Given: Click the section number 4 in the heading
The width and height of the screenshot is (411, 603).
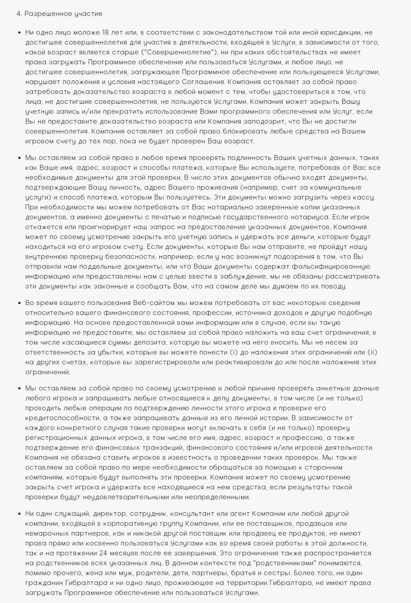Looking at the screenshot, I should [x=18, y=14].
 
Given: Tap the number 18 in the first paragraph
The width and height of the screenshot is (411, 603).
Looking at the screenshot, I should [x=105, y=32].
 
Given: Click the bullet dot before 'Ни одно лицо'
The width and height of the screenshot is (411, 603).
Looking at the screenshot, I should [x=19, y=32].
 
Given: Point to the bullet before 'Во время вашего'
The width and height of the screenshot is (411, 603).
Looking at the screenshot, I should [x=19, y=303].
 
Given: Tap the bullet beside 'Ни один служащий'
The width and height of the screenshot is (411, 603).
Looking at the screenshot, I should [x=19, y=513].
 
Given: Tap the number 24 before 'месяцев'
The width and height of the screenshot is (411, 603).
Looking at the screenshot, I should [x=104, y=553].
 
